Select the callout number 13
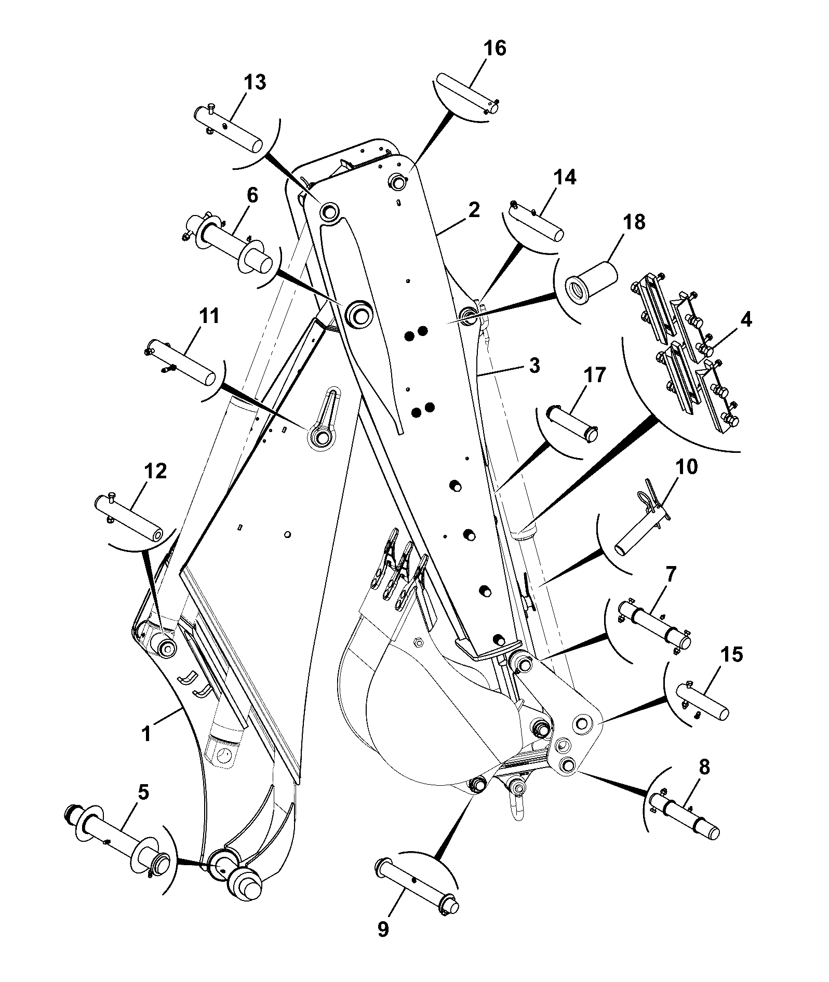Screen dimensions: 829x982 [x=255, y=82]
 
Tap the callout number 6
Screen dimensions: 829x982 [x=252, y=195]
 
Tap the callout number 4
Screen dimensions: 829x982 [x=745, y=320]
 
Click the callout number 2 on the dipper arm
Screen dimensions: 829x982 [x=473, y=210]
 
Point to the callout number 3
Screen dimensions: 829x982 [x=534, y=366]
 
